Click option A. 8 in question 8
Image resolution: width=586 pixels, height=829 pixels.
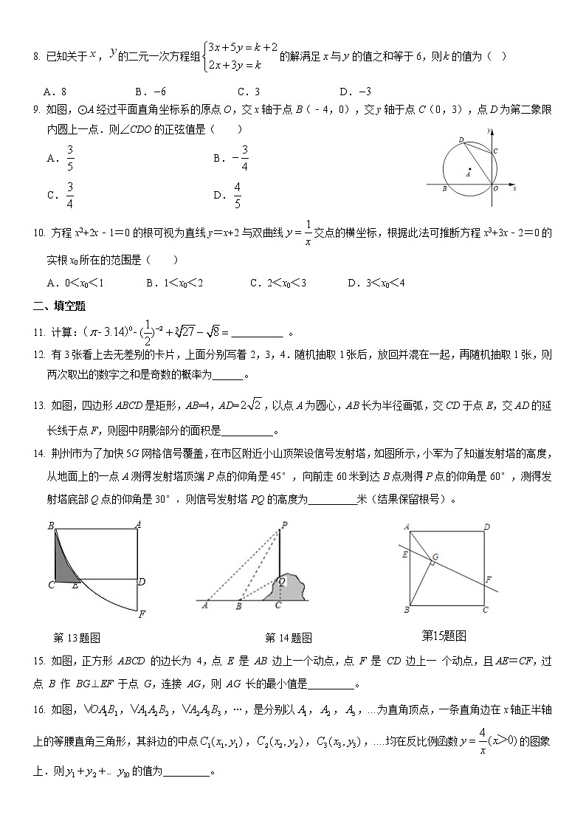55,92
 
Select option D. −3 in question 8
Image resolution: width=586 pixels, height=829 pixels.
354,92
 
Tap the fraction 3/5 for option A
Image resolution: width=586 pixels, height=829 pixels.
70,157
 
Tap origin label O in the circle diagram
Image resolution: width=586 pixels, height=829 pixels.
495,189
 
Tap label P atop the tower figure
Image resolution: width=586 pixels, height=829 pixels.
283,526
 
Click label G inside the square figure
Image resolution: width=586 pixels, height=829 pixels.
435,556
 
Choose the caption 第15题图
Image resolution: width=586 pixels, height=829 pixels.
443,635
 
